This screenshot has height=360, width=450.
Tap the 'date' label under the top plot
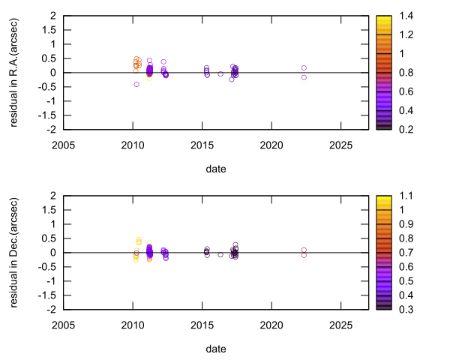[x=216, y=169]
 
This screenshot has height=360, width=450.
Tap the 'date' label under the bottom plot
[x=216, y=349]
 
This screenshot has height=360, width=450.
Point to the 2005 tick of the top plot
[x=63, y=145]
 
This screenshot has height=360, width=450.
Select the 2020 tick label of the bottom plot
[x=271, y=325]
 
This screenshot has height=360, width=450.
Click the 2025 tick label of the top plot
[x=340, y=145]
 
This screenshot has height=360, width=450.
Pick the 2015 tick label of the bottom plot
[x=202, y=325]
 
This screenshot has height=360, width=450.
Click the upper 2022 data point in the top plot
[x=304, y=68]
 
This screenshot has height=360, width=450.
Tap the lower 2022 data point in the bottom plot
[x=304, y=255]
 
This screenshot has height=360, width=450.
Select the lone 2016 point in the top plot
[x=220, y=73]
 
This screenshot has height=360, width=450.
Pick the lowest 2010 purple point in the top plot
[x=136, y=84]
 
